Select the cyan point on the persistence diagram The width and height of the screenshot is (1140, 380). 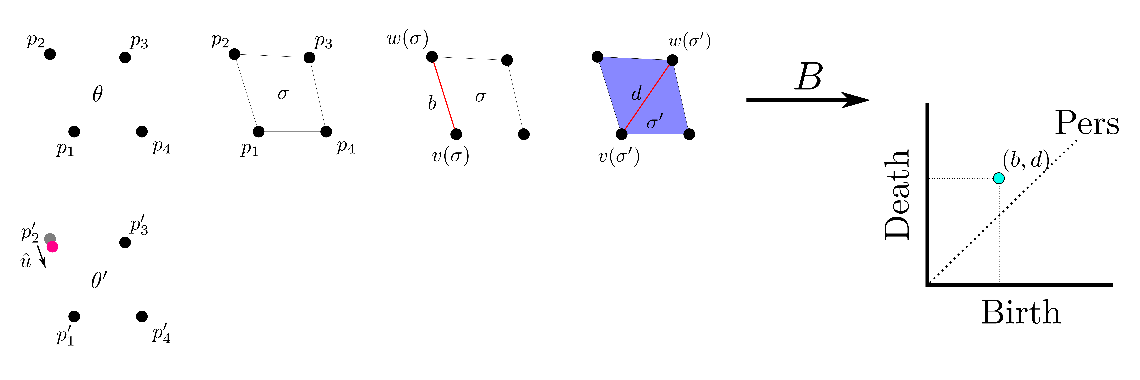pos(998,178)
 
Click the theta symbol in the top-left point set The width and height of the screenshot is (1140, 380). pos(97,94)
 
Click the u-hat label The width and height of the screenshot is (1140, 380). pos(26,261)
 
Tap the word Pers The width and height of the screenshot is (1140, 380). pos(1087,123)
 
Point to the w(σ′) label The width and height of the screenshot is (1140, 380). pos(689,42)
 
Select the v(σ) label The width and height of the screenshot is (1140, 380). pos(451,156)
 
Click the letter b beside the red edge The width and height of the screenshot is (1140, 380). pos(432,103)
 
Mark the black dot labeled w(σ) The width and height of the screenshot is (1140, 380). pos(432,57)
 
